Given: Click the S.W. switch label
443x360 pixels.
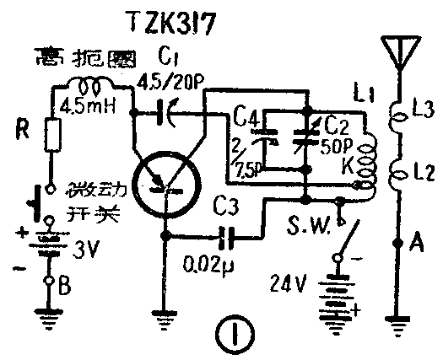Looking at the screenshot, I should (307, 225).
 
